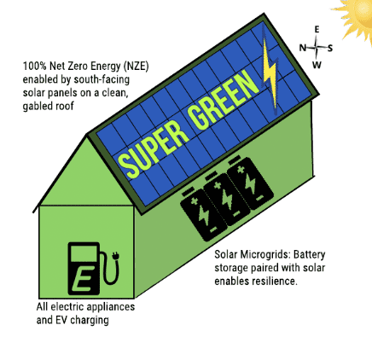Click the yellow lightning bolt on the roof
269,71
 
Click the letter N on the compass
303,48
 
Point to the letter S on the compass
330,48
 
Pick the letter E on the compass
317,30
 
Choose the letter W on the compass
317,65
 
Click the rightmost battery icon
250,183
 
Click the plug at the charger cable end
116,256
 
